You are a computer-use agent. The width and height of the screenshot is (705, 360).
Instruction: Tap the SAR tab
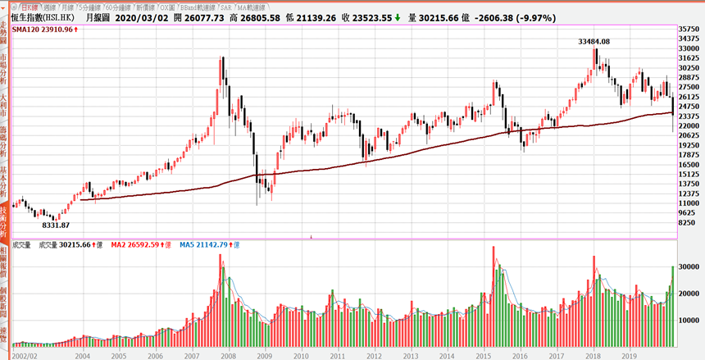click(x=230, y=6)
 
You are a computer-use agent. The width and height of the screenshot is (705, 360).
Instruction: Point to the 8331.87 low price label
click(x=56, y=225)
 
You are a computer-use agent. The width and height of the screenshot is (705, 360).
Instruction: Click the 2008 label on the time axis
click(x=228, y=357)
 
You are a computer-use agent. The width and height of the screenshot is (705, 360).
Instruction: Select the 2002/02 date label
click(x=25, y=357)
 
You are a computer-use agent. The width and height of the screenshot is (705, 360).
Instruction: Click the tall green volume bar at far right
click(x=673, y=308)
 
